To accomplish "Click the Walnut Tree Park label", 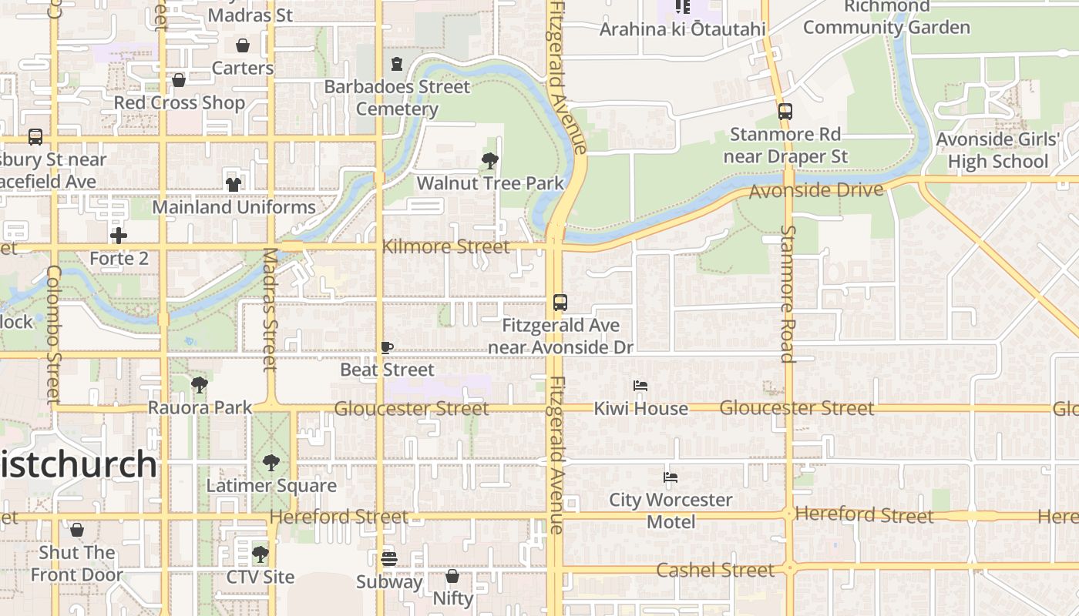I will coord(490,183).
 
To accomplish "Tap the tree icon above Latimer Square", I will coord(271,463).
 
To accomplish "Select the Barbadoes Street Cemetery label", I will coord(397,98).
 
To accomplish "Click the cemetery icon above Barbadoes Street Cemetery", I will coord(397,64).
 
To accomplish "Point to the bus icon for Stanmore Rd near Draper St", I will coord(785,112).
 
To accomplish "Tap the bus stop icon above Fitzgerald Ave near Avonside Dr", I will coord(560,303).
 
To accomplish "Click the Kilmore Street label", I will coord(445,246).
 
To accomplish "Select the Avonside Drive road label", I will coord(815,189).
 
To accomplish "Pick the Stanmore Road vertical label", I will coord(787,293).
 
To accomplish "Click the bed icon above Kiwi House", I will coord(640,386).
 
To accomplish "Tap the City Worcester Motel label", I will coord(671,511).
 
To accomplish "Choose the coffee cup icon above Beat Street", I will coord(387,348).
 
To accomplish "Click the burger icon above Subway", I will coord(389,559).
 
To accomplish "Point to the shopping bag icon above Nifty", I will coord(452,576).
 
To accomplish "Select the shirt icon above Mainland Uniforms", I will coord(234,184).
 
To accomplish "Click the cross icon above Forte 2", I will coord(119,235).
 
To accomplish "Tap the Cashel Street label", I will coord(714,570).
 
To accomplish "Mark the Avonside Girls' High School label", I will coord(998,151).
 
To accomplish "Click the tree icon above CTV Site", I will coord(261,554).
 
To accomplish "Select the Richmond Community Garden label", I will coord(886,17).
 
